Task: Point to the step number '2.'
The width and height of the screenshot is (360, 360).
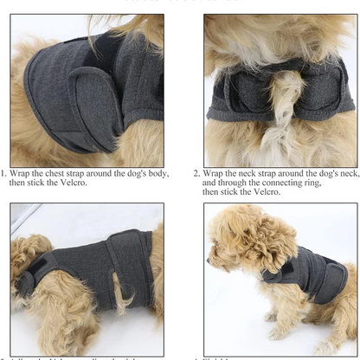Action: (x=197, y=173)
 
